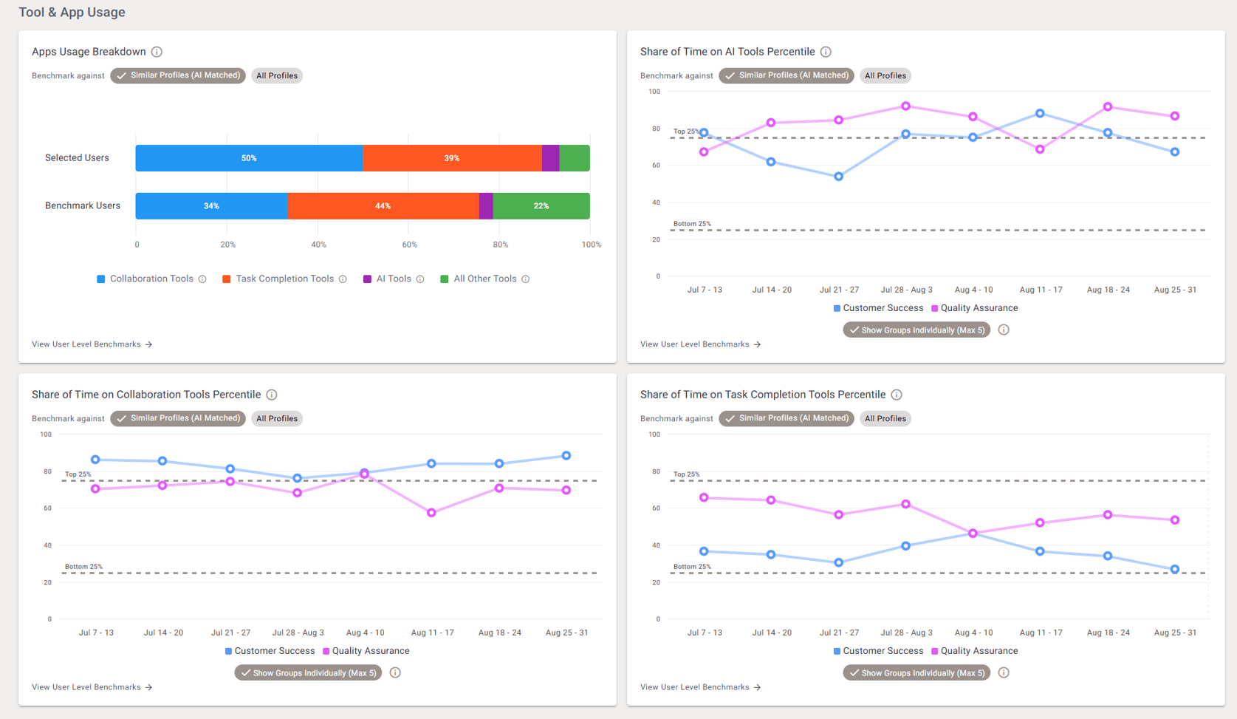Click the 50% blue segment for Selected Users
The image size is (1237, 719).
tap(249, 158)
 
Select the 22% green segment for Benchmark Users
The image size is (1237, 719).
tap(541, 206)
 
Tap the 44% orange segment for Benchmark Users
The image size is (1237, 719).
tap(383, 206)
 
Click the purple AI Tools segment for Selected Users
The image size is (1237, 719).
tap(550, 158)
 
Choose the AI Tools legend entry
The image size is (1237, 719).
tap(393, 279)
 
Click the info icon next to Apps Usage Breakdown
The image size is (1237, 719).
tap(157, 52)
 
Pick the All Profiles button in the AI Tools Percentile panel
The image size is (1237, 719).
tap(885, 75)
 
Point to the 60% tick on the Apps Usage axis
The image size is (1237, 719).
tap(409, 245)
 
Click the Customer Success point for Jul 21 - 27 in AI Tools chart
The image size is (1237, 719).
tap(838, 177)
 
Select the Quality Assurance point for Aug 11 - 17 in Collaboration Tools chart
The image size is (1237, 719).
tap(431, 512)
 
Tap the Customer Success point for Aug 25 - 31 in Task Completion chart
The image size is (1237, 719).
tap(1174, 569)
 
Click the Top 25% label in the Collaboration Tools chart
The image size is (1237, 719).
tap(78, 474)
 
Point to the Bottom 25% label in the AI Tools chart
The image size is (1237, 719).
tap(692, 224)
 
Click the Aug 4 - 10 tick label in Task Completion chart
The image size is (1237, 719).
tap(973, 633)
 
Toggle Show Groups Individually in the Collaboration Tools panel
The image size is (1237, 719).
tap(308, 672)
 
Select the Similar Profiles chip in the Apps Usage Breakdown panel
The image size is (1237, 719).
tap(178, 75)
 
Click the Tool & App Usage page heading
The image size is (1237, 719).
tap(72, 13)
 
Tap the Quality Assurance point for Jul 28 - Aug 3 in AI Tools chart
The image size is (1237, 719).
tap(905, 106)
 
